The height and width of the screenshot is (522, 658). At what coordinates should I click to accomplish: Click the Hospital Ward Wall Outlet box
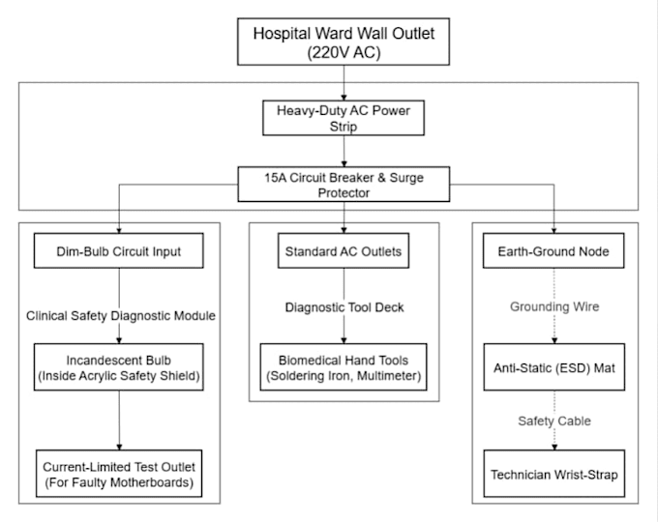(x=344, y=42)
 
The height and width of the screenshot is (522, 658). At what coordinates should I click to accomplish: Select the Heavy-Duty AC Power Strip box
(x=344, y=118)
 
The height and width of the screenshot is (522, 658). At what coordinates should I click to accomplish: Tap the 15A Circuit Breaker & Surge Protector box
(x=344, y=185)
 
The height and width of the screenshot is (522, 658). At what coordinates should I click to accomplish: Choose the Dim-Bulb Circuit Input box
(x=119, y=250)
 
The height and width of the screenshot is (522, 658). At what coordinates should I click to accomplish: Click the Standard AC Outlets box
(x=344, y=250)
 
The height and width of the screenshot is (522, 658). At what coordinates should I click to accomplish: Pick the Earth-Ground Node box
(x=553, y=250)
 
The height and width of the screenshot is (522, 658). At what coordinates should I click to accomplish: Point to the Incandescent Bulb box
(x=119, y=367)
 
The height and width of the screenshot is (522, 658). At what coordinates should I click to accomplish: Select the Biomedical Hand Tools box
(x=344, y=367)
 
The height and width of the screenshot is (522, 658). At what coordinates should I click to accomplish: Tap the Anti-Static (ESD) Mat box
(x=553, y=367)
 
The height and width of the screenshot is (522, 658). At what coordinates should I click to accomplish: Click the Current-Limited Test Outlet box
(x=119, y=474)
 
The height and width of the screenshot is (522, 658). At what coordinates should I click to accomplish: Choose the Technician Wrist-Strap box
(x=553, y=474)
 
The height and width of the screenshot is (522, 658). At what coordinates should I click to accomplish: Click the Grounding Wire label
(x=554, y=306)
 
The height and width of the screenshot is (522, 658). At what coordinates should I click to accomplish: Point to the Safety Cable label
(x=554, y=420)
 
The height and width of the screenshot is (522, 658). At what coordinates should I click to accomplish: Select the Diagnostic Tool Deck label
(x=344, y=307)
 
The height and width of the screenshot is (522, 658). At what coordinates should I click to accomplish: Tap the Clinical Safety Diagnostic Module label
(x=121, y=316)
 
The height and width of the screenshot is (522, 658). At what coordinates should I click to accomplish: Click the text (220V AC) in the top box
(x=344, y=53)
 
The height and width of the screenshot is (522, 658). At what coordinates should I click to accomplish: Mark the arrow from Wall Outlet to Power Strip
(x=344, y=82)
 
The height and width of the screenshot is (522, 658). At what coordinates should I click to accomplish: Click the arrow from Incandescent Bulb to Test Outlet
(x=119, y=420)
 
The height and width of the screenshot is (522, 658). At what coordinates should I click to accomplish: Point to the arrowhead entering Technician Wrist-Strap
(x=554, y=448)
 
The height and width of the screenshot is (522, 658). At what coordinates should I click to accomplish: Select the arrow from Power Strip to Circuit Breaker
(x=344, y=151)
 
